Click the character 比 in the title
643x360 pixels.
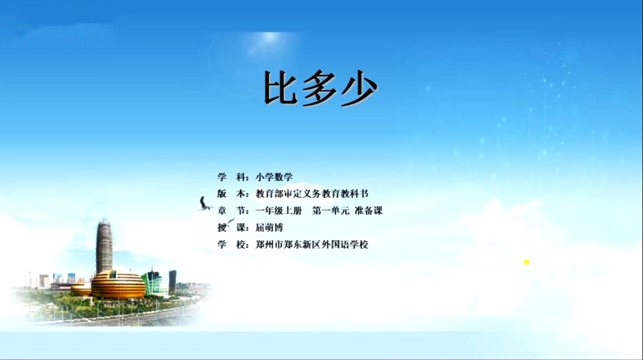(x=281, y=87)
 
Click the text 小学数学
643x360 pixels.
(x=274, y=177)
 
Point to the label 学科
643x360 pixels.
(x=232, y=177)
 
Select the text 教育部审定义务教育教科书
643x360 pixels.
(x=312, y=194)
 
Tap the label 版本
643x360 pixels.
(x=232, y=194)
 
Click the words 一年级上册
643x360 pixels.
(x=278, y=211)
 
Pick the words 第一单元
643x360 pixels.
(x=331, y=211)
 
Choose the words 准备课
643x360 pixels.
(x=369, y=211)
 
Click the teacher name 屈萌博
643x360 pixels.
(x=269, y=228)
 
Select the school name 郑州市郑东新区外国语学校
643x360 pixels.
(x=312, y=245)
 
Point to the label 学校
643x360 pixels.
(x=232, y=245)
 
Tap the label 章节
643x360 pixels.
(x=232, y=211)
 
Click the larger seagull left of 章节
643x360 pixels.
(x=205, y=204)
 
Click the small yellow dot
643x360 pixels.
(x=526, y=262)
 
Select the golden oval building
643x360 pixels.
(x=118, y=284)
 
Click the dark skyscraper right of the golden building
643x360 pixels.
(x=173, y=280)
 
